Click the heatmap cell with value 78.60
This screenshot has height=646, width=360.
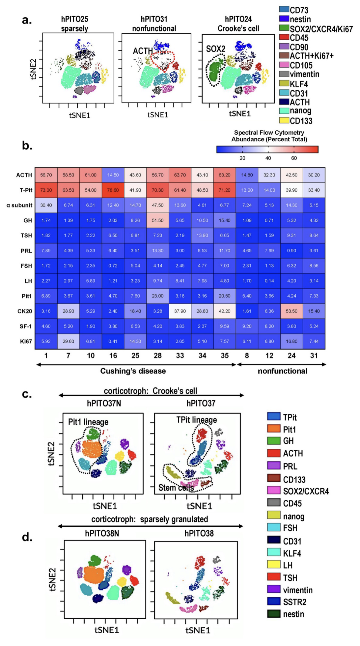tap(113, 190)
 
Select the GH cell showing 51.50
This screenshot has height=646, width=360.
tap(158, 220)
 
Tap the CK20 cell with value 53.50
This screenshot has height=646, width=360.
tap(292, 311)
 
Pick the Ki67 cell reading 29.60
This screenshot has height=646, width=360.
tap(68, 341)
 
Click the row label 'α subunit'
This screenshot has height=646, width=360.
tap(19, 205)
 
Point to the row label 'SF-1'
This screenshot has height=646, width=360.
tap(26, 326)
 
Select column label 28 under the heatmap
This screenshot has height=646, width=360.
tap(158, 355)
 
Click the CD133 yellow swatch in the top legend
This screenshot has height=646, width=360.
tap(284, 120)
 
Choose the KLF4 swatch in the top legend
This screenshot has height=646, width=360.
tap(284, 83)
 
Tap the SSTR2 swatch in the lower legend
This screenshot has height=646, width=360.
tap(273, 601)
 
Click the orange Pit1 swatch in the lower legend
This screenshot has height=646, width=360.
tap(273, 429)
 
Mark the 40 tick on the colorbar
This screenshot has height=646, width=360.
tap(268, 158)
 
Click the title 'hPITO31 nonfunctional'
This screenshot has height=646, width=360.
tap(154, 24)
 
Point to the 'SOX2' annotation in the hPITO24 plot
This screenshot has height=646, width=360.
tap(215, 49)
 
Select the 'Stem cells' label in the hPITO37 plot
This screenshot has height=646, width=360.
tap(176, 488)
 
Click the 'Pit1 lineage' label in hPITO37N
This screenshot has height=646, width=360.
tap(88, 422)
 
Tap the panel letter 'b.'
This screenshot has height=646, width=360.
tap(27, 145)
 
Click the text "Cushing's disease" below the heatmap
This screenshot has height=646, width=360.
tap(133, 371)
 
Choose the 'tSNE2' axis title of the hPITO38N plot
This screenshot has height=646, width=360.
tap(53, 579)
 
